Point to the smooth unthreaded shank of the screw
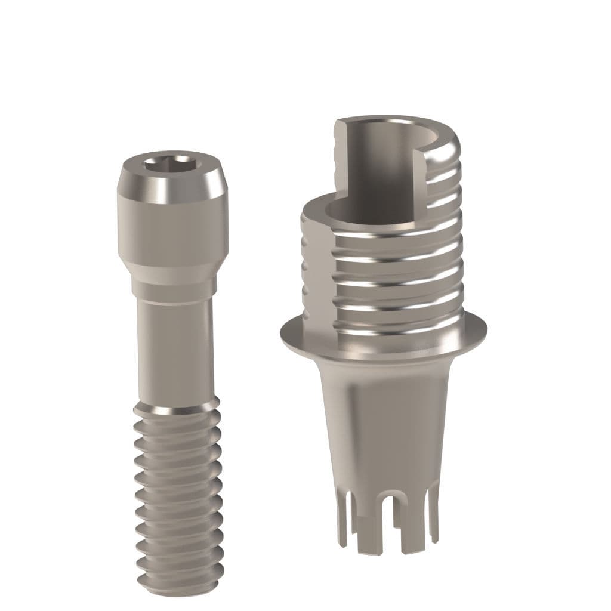click(174, 352)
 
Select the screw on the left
click(174, 358)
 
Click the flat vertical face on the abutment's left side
click(316, 269)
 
